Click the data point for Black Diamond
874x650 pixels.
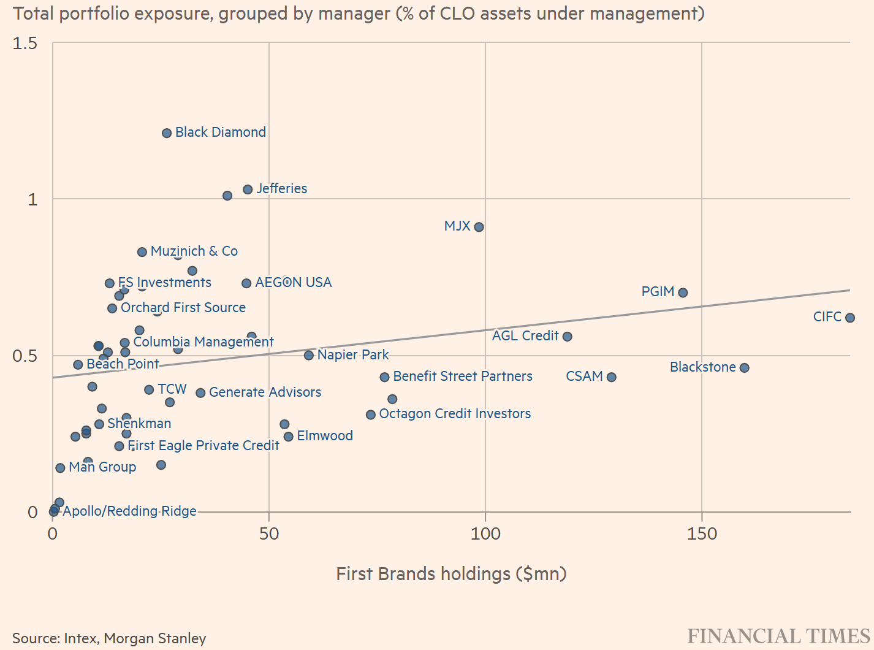click(167, 133)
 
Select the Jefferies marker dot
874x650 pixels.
click(248, 189)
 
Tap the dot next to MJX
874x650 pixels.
click(479, 227)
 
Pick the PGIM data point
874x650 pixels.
click(683, 292)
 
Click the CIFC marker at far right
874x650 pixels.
click(849, 318)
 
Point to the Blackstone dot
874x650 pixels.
click(744, 368)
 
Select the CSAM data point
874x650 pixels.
click(611, 377)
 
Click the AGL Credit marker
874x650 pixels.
click(568, 337)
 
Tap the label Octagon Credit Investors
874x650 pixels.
click(455, 414)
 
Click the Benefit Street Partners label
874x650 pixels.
click(463, 377)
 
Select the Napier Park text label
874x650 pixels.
click(353, 355)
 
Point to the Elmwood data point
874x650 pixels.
click(289, 437)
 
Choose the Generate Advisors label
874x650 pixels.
click(265, 392)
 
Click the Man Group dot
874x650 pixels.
click(60, 468)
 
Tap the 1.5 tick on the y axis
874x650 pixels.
click(25, 43)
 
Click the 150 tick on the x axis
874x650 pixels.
click(702, 534)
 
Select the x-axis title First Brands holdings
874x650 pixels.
click(451, 574)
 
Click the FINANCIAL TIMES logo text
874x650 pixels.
click(778, 636)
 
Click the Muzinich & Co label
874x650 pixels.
click(194, 251)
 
